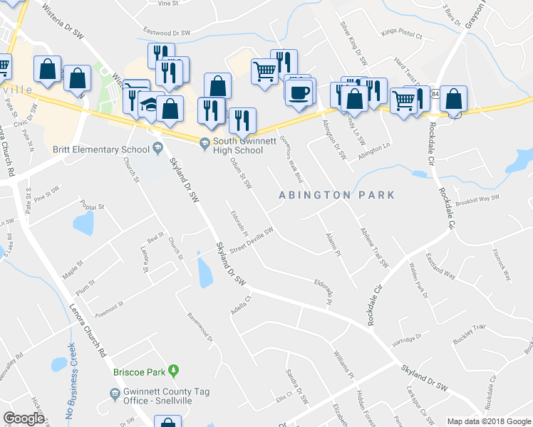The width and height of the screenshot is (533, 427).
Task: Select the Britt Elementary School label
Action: [x=100, y=149]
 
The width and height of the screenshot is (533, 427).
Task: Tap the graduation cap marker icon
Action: [x=150, y=104]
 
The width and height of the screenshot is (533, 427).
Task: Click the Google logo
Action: [x=24, y=418]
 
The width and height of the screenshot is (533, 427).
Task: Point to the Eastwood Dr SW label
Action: [x=167, y=33]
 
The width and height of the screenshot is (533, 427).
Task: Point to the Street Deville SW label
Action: [x=252, y=238]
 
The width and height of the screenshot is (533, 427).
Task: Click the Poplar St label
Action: [x=93, y=206]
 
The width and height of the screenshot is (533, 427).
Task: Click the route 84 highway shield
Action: [x=435, y=94]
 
